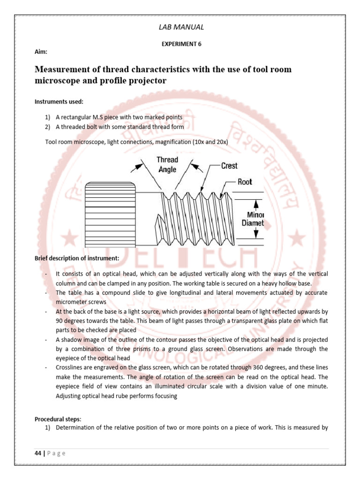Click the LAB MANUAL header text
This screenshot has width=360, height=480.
pos(182,27)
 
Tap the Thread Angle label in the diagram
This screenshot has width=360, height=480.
pos(167,165)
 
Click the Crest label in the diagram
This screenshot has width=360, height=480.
pos(229,165)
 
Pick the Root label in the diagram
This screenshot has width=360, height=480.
pos(245,182)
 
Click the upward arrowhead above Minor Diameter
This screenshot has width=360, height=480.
pos(256,204)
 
